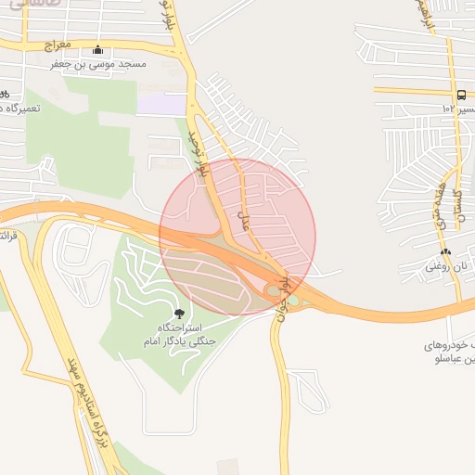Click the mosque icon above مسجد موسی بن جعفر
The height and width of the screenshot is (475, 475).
coord(98,50)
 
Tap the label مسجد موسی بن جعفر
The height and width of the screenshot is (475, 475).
coord(97,66)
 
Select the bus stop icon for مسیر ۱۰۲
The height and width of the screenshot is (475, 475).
coord(461,94)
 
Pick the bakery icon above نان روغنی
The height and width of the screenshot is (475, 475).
coord(446,251)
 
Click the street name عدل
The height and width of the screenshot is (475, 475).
coord(245,222)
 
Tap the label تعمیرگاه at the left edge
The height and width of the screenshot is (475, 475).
coord(26,109)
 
